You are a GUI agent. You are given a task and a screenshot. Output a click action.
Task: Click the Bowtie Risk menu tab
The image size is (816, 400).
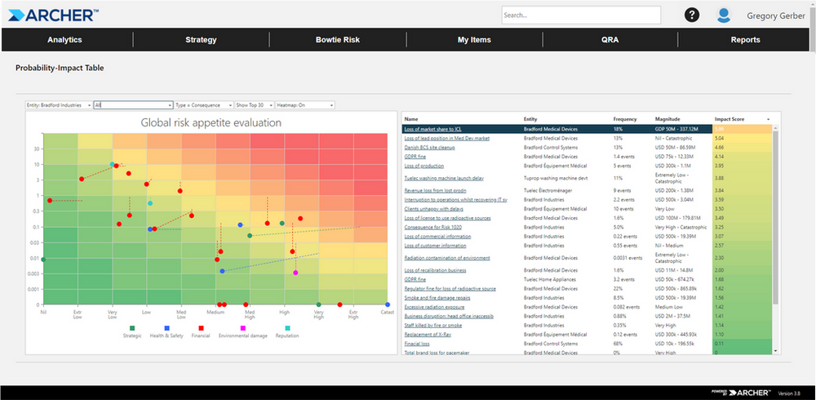tap(337, 39)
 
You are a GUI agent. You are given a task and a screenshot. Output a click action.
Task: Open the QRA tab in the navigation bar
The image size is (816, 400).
tap(610, 39)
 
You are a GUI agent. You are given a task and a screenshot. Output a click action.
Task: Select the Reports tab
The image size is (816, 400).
tap(745, 39)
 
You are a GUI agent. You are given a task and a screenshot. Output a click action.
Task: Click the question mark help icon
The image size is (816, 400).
tap(691, 15)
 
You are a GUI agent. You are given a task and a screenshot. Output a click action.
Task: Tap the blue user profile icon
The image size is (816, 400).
tap(723, 15)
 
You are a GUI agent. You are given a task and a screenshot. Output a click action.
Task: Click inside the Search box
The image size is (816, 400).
tap(580, 15)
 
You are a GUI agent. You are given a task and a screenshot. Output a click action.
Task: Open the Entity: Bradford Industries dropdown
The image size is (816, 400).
tap(59, 104)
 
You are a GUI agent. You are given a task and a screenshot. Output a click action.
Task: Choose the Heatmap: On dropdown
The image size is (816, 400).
tap(305, 104)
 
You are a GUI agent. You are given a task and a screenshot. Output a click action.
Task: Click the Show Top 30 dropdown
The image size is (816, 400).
tap(253, 104)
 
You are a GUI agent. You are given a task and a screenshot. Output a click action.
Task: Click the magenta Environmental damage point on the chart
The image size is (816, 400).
tap(295, 273)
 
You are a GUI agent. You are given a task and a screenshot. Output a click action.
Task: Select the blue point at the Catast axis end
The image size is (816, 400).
tap(388, 304)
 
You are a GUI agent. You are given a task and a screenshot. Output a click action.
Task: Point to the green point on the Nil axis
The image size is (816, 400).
tap(42, 260)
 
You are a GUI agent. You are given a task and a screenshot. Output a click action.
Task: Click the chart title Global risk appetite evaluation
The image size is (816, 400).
tap(211, 122)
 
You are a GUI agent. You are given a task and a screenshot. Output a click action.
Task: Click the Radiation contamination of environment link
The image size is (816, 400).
tap(447, 258)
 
